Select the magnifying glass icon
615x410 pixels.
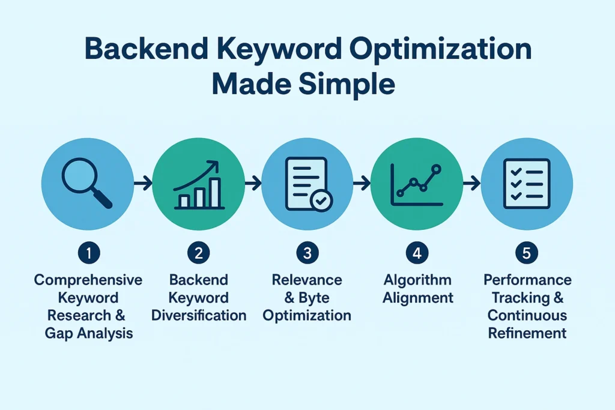[x=87, y=182]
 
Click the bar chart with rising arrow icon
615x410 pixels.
[x=198, y=185]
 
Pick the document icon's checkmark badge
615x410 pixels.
[x=321, y=200]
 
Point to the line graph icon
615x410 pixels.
[x=417, y=185]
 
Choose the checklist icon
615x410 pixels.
[x=527, y=184]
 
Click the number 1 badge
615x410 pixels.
[x=89, y=253]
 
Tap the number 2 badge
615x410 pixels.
[x=198, y=253]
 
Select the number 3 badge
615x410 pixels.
[x=307, y=253]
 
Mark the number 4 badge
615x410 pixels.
[x=417, y=253]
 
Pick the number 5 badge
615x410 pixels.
[x=526, y=253]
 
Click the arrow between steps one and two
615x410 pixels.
[x=143, y=183]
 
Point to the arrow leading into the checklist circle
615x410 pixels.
[x=471, y=183]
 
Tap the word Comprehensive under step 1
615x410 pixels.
[x=88, y=280]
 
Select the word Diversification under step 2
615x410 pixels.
[x=199, y=315]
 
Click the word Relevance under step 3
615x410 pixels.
[x=307, y=280]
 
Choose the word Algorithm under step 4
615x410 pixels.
[x=418, y=280]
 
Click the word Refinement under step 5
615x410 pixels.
[x=527, y=333]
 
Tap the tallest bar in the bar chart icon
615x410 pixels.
[x=215, y=193]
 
